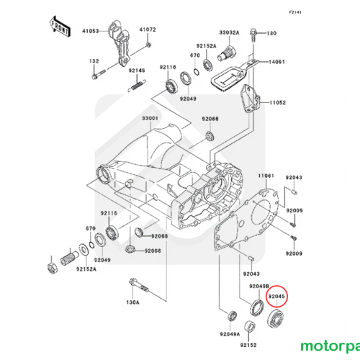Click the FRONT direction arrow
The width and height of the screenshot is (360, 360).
(x=60, y=27)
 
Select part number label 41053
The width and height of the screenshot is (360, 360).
(x=91, y=31)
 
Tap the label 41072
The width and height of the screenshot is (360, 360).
(x=148, y=30)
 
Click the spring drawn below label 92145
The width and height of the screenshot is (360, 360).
(x=136, y=86)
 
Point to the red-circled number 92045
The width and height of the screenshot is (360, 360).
(x=276, y=297)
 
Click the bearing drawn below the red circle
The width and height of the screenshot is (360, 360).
(x=276, y=319)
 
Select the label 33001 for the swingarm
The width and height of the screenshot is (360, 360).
(x=150, y=118)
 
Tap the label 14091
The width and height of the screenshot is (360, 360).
(x=276, y=62)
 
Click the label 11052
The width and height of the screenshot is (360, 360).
(x=278, y=103)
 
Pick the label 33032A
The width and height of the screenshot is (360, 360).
(x=229, y=32)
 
